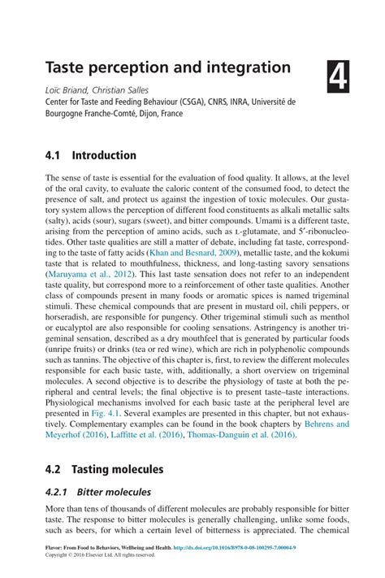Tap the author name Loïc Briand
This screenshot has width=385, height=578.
66,89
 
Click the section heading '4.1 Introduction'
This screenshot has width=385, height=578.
91,154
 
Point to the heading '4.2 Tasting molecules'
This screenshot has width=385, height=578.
105,469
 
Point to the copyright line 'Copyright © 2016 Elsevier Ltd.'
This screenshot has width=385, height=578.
99,555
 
